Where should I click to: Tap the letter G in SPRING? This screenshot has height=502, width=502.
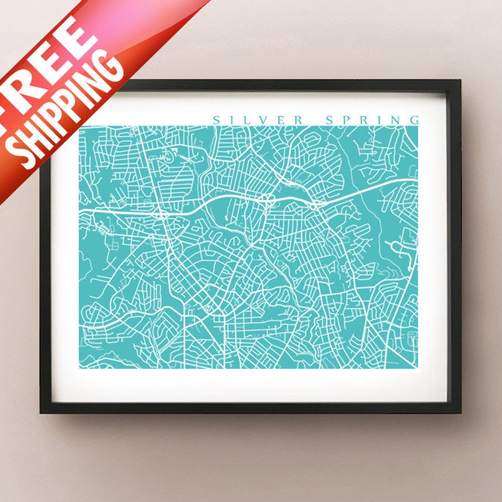coord(414,120)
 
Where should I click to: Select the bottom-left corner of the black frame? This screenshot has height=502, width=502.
coord(41,412)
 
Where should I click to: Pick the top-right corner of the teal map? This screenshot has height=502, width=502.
coord(418,126)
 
